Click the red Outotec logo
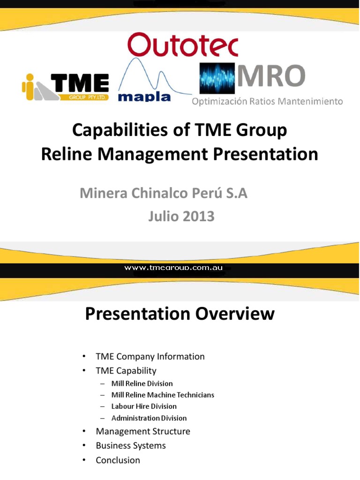[x=183, y=45]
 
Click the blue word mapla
[x=144, y=97]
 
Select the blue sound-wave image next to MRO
[x=217, y=78]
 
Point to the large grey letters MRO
[x=271, y=75]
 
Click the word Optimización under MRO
[x=219, y=101]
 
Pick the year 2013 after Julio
[x=198, y=216]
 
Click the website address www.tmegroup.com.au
[x=173, y=268]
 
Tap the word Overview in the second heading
[x=235, y=314]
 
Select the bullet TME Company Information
[x=150, y=357]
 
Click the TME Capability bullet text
[x=126, y=371]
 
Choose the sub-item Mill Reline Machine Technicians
[x=163, y=395]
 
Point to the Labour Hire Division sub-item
[x=144, y=406]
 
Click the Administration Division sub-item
[x=149, y=418]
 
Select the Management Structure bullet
[x=143, y=431]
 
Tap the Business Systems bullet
[x=131, y=446]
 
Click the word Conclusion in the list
[x=118, y=460]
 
